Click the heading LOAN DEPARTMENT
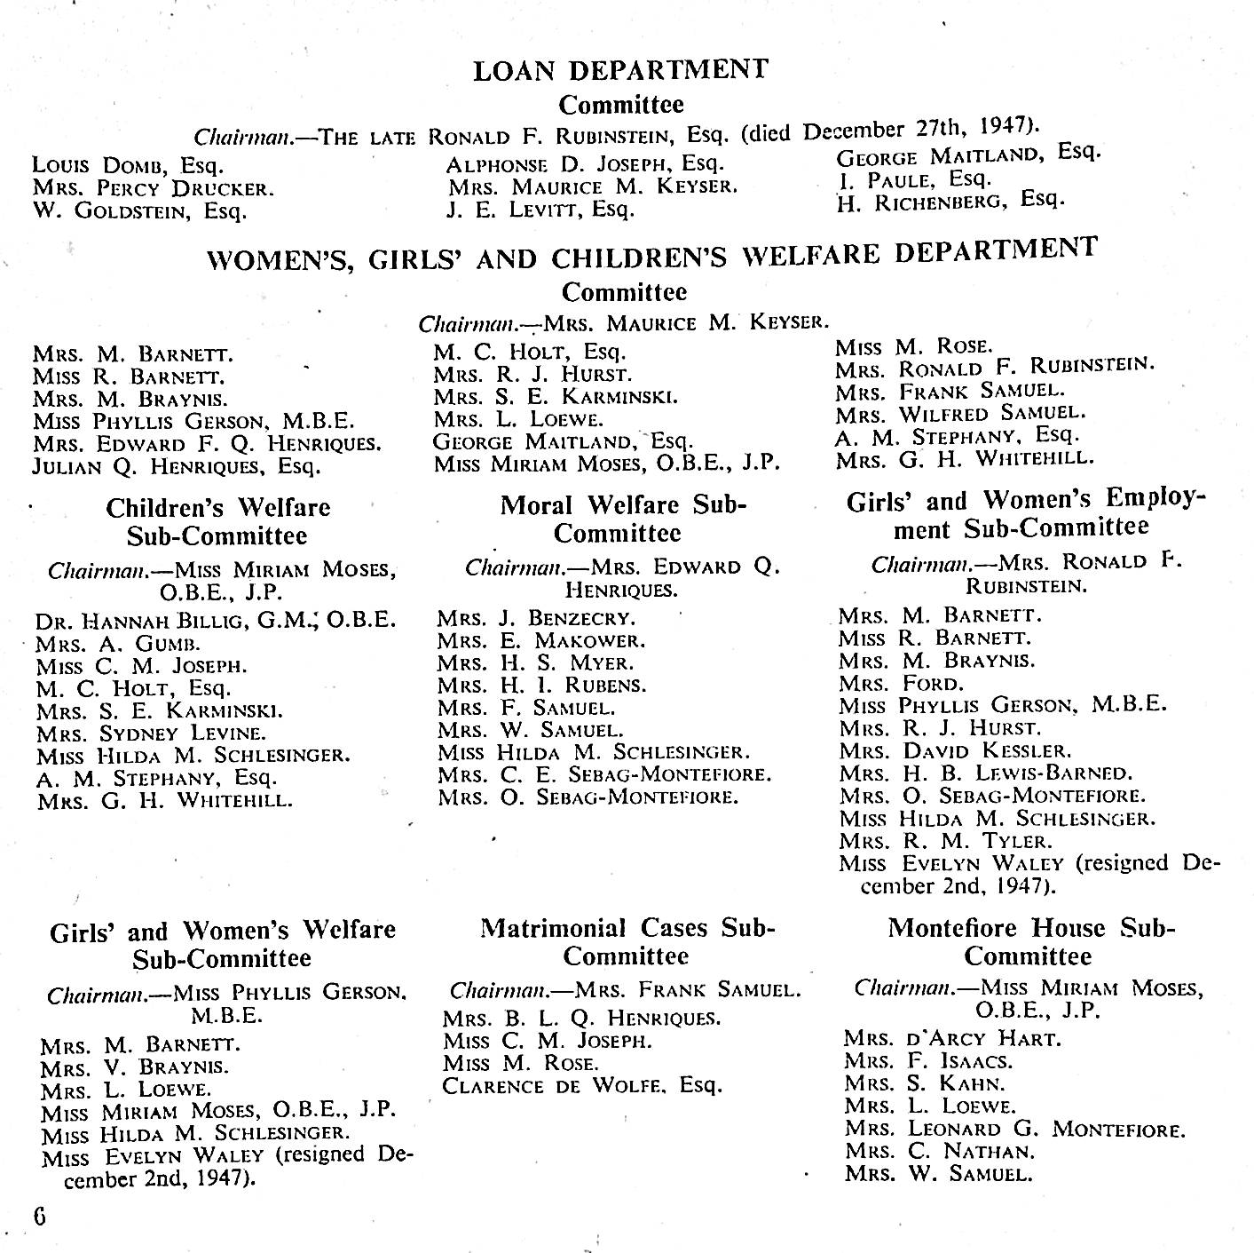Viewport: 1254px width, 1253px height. tap(620, 70)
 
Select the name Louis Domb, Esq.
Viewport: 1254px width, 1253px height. tap(128, 165)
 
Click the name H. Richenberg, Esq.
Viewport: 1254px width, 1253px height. tap(950, 201)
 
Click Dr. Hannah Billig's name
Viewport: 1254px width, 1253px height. tap(215, 620)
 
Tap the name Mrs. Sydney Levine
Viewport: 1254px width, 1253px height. tap(151, 734)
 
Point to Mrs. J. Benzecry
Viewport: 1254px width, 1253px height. tap(536, 618)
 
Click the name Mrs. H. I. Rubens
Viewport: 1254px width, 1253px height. tap(541, 686)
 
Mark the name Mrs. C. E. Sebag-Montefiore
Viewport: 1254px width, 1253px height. tap(604, 774)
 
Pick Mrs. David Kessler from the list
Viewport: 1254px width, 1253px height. tap(955, 751)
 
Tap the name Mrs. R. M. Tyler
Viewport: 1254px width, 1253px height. tap(945, 841)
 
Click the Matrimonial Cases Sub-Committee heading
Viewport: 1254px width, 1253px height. tap(627, 942)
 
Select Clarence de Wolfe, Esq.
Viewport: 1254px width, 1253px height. tap(583, 1086)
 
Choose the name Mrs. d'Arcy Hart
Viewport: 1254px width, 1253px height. tap(953, 1038)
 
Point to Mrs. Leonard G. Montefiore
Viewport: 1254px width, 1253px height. tap(1015, 1130)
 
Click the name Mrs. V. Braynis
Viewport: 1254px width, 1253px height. tap(134, 1067)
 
